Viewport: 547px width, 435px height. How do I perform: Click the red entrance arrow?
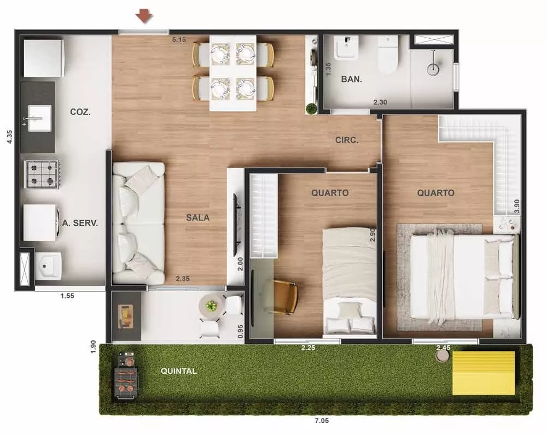(x=144, y=17)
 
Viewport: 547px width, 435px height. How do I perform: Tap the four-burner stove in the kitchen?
(x=42, y=174)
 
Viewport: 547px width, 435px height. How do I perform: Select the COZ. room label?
(x=80, y=111)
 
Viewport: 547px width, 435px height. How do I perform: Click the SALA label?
(x=197, y=217)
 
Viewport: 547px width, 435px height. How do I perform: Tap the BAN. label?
(x=351, y=79)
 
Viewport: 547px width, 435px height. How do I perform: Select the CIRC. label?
(x=347, y=140)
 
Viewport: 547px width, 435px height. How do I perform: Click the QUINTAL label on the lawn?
(x=179, y=371)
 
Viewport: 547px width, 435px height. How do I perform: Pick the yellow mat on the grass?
(x=484, y=373)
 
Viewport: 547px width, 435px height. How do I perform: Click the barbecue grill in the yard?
(x=127, y=374)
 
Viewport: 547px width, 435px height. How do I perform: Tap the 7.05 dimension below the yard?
(x=322, y=421)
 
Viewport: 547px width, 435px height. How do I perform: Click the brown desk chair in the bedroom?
(x=285, y=297)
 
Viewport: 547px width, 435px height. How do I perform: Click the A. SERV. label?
(x=80, y=223)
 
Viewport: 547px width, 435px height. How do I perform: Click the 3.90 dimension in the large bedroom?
(x=517, y=205)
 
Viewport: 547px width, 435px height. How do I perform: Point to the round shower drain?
(x=433, y=68)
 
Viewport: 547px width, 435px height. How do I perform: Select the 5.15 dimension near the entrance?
(x=179, y=39)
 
